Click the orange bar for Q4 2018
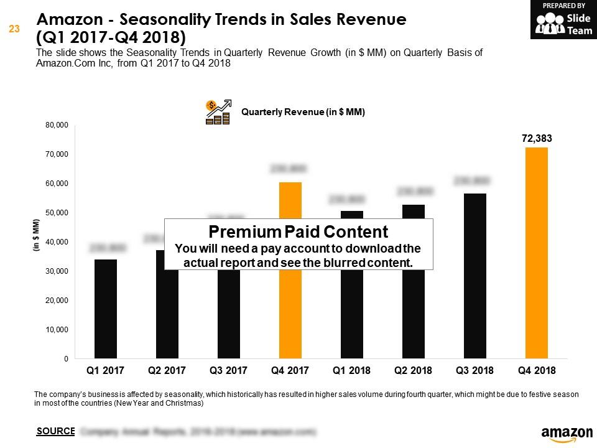tap(537, 253)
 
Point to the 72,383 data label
tap(537, 139)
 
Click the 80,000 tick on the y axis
tap(57, 125)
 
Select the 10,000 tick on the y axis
tap(57, 330)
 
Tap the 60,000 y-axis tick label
tap(57, 184)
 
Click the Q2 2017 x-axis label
tap(167, 370)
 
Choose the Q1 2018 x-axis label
tap(352, 370)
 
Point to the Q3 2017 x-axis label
tap(229, 370)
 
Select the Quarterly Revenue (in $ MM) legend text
tap(303, 112)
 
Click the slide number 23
tap(13, 28)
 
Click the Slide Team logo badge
tap(563, 20)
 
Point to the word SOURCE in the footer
tap(55, 431)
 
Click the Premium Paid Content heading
tap(298, 232)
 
